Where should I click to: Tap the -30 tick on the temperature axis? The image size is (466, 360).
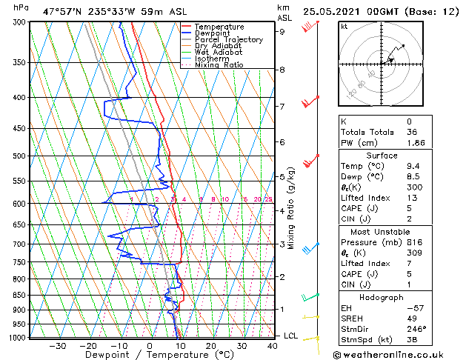[57, 345]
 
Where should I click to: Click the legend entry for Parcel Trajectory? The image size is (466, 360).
[228, 40]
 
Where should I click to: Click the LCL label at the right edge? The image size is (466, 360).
[291, 336]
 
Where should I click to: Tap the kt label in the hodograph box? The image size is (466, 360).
[344, 27]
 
